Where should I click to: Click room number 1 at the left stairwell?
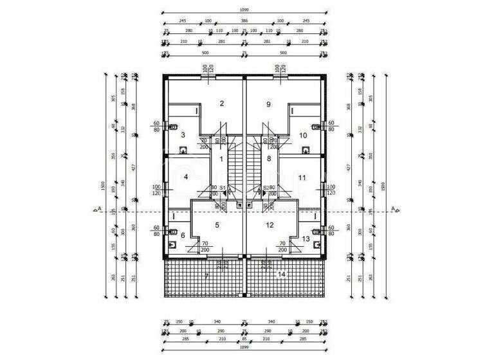pos(221,159)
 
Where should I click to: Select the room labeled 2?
pos(221,104)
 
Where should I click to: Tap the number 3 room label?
pos(183,135)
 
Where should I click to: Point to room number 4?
pos(186,177)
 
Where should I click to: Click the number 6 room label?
pos(183,236)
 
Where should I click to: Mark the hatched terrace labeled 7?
pos(206,276)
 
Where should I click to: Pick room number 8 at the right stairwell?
pos(269,159)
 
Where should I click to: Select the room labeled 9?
pos(269,104)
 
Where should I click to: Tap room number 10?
pos(303,135)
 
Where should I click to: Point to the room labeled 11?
pos(302,177)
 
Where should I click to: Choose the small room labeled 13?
pos(305,239)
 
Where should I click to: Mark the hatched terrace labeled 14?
pos(280,274)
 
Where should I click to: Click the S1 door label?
pos(223,188)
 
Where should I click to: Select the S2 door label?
pos(265,188)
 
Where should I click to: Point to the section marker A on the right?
pos(393,208)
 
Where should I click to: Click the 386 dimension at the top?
pos(244,21)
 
